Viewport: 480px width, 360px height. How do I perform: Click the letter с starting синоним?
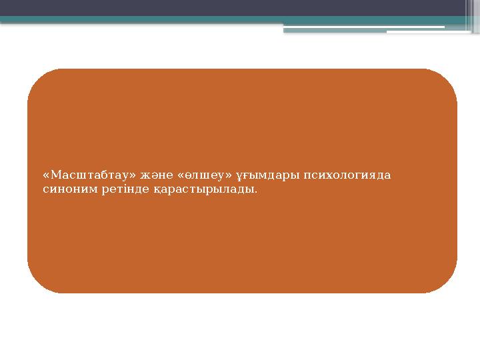point(44,190)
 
